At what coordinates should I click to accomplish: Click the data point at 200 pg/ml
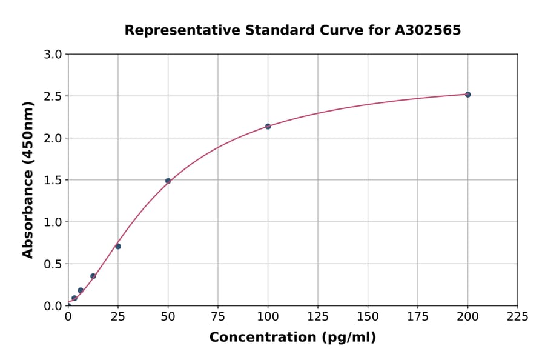(x=467, y=95)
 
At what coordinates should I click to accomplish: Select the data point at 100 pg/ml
(x=268, y=127)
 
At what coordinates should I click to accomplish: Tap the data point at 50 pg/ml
(x=168, y=181)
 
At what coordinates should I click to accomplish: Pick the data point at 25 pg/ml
(x=118, y=246)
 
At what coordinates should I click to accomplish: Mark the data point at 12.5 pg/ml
(x=93, y=276)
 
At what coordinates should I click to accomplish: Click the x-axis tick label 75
(x=218, y=316)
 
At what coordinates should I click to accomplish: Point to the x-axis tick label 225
(x=518, y=316)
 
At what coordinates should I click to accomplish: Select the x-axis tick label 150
(x=368, y=316)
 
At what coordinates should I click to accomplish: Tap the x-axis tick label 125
(x=318, y=316)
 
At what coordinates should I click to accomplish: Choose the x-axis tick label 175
(x=418, y=316)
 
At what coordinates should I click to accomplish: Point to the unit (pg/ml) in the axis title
(x=348, y=338)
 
